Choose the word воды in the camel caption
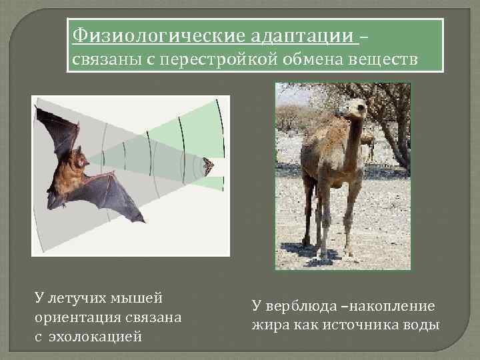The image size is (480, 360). (x=421, y=325)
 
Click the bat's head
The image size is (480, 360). (x=78, y=160)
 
